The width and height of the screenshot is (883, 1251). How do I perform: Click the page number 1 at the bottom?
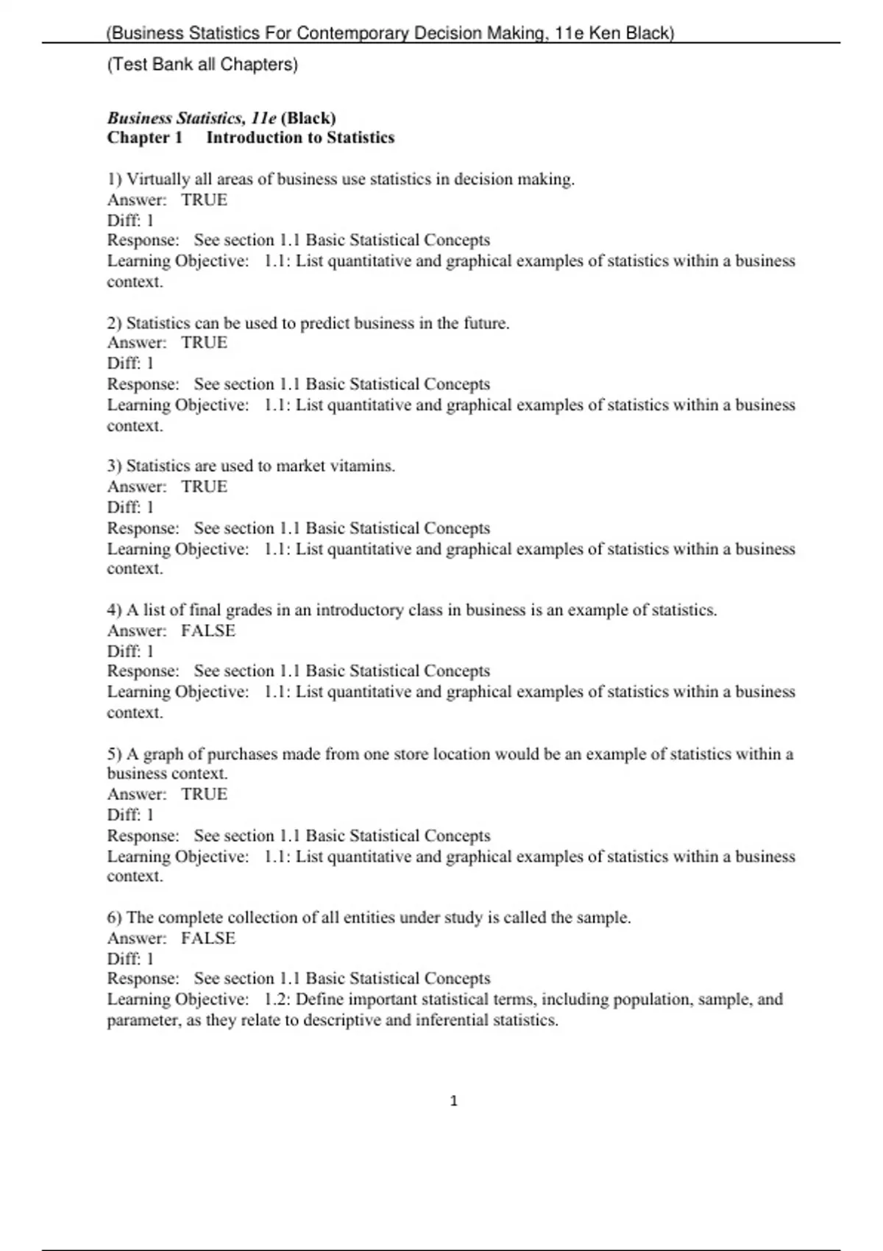pos(453,1101)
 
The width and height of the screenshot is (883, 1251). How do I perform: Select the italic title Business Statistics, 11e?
pos(192,118)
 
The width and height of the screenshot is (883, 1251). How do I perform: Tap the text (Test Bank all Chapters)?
pos(202,65)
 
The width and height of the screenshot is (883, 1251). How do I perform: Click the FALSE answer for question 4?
pos(208,631)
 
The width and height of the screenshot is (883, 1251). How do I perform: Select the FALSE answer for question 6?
pos(208,938)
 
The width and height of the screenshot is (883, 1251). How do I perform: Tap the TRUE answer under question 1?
pos(205,199)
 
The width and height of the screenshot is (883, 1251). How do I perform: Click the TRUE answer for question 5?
pos(205,794)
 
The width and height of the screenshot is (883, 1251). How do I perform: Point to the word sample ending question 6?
pos(603,918)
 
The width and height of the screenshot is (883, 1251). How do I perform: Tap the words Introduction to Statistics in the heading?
pos(300,138)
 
